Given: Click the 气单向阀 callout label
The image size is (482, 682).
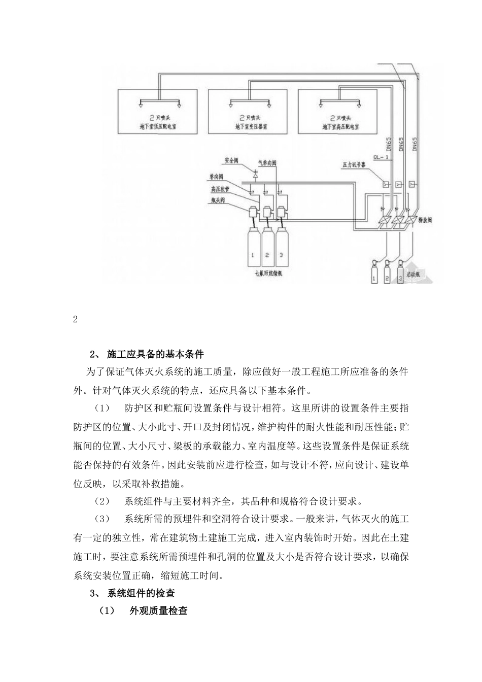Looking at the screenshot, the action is point(267,163).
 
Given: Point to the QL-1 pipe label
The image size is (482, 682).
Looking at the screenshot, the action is point(381,157).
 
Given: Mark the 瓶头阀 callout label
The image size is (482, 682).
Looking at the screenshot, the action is point(217,200).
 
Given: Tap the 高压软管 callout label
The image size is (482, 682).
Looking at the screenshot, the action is point(218,188).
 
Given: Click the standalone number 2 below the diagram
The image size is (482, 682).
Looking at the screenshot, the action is point(76,319).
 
